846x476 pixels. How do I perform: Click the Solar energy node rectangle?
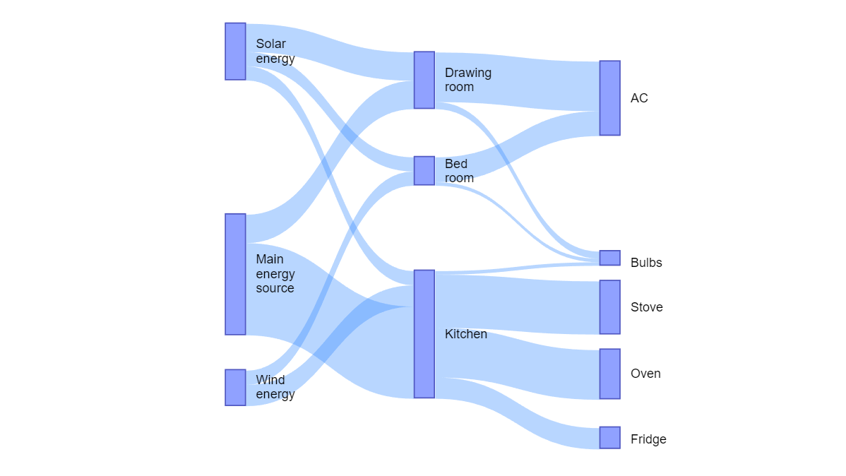coord(235,52)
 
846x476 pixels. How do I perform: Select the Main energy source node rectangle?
coord(235,274)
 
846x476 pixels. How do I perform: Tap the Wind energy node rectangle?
coord(235,388)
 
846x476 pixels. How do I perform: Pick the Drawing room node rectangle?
coord(424,80)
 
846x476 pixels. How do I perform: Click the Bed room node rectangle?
coord(424,171)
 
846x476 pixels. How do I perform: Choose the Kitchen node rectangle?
coord(424,334)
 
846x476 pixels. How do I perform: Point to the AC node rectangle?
coord(609,98)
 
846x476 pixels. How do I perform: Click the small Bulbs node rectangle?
coord(609,258)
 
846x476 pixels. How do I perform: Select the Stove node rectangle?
coord(609,307)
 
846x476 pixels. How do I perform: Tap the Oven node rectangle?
coord(609,374)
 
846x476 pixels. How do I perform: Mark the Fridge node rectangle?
coord(609,438)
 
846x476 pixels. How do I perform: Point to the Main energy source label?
coord(275,274)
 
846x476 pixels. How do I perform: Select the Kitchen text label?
coord(465,334)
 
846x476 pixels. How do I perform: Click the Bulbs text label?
coord(646,263)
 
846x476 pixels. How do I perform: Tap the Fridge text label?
coord(648,439)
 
